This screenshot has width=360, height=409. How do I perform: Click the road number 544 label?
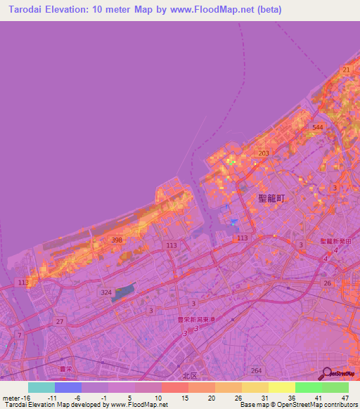[x=318, y=127]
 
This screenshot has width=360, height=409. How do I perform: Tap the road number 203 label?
[x=264, y=153]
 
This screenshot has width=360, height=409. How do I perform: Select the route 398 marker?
[x=117, y=240]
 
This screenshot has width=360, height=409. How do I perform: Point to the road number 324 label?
[x=106, y=292]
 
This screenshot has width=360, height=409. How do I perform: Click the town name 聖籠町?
[x=271, y=199]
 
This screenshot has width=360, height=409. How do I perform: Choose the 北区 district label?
[x=190, y=375]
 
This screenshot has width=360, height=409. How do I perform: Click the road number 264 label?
[x=257, y=370]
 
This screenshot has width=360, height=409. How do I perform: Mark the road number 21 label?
[x=345, y=70]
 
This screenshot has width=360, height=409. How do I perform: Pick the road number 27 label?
[x=60, y=321]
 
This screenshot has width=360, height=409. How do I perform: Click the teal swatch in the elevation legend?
[x=41, y=387]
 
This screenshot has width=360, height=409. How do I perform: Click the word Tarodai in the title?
[x=27, y=9]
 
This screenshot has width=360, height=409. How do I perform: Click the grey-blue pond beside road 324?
[x=122, y=294]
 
